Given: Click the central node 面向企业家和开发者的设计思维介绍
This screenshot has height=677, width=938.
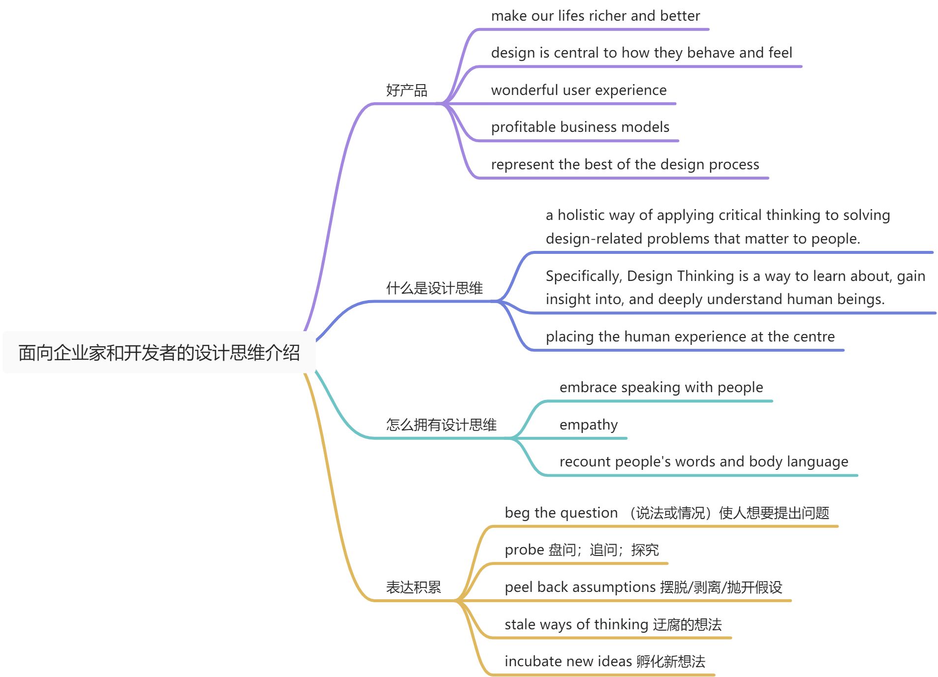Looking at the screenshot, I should [159, 353].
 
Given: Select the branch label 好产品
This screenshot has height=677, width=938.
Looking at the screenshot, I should [406, 91].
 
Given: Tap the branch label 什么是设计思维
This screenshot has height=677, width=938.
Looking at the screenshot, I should [434, 288].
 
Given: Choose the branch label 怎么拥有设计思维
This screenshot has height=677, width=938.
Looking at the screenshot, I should [441, 425].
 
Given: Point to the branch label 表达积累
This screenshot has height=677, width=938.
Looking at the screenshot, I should [413, 587].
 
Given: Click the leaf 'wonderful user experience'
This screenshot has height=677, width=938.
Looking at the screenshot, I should [579, 91].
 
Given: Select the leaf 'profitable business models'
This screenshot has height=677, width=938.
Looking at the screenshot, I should [580, 127].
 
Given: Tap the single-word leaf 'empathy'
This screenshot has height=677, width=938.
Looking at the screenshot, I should [589, 425].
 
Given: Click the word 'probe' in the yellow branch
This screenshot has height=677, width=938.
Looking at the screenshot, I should [524, 550].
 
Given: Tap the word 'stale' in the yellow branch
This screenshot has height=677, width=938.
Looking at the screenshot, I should [520, 625].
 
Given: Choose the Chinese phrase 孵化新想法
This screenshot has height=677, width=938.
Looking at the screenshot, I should [671, 662].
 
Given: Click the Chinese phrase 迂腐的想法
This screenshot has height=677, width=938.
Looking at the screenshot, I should [687, 625].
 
